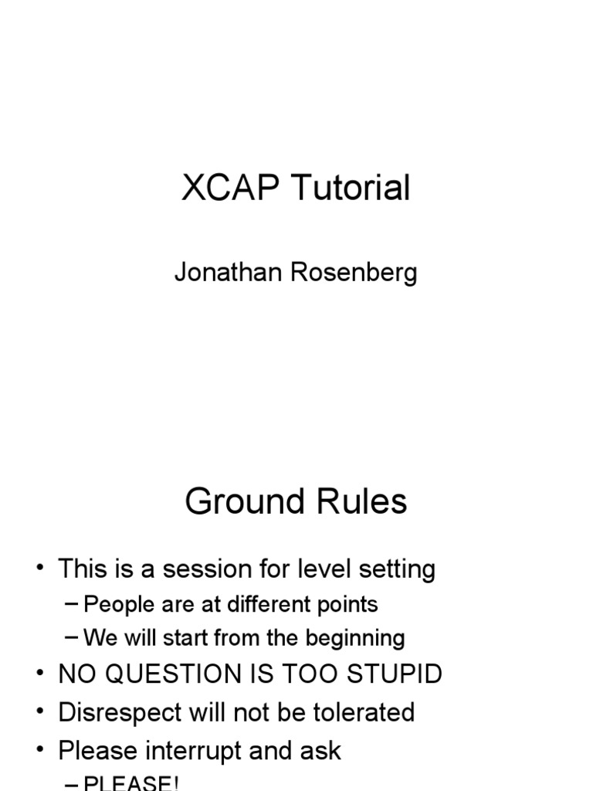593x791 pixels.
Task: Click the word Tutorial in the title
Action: coord(351,188)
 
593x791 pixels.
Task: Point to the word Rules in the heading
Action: coord(363,502)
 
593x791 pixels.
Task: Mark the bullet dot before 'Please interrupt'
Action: coord(39,751)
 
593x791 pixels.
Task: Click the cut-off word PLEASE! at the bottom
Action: coord(131,783)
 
